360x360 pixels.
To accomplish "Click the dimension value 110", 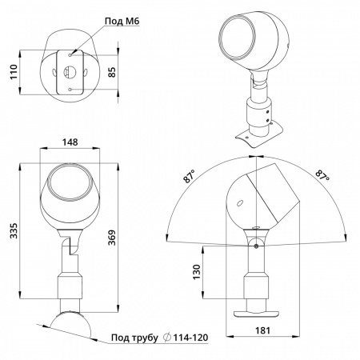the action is pyautogui.click(x=14, y=72).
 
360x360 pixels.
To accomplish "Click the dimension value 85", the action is pyautogui.click(x=112, y=72).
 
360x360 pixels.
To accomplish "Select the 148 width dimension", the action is pyautogui.click(x=70, y=142).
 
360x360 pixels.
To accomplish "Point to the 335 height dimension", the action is pyautogui.click(x=14, y=230).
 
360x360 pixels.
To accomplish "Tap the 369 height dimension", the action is pyautogui.click(x=112, y=238).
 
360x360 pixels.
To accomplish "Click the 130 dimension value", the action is pyautogui.click(x=197, y=272).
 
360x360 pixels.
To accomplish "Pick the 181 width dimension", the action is pyautogui.click(x=263, y=330).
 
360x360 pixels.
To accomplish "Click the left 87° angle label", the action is pyautogui.click(x=190, y=176).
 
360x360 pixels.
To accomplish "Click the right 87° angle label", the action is pyautogui.click(x=322, y=175).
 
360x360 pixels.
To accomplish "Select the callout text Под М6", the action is pyautogui.click(x=122, y=21).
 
